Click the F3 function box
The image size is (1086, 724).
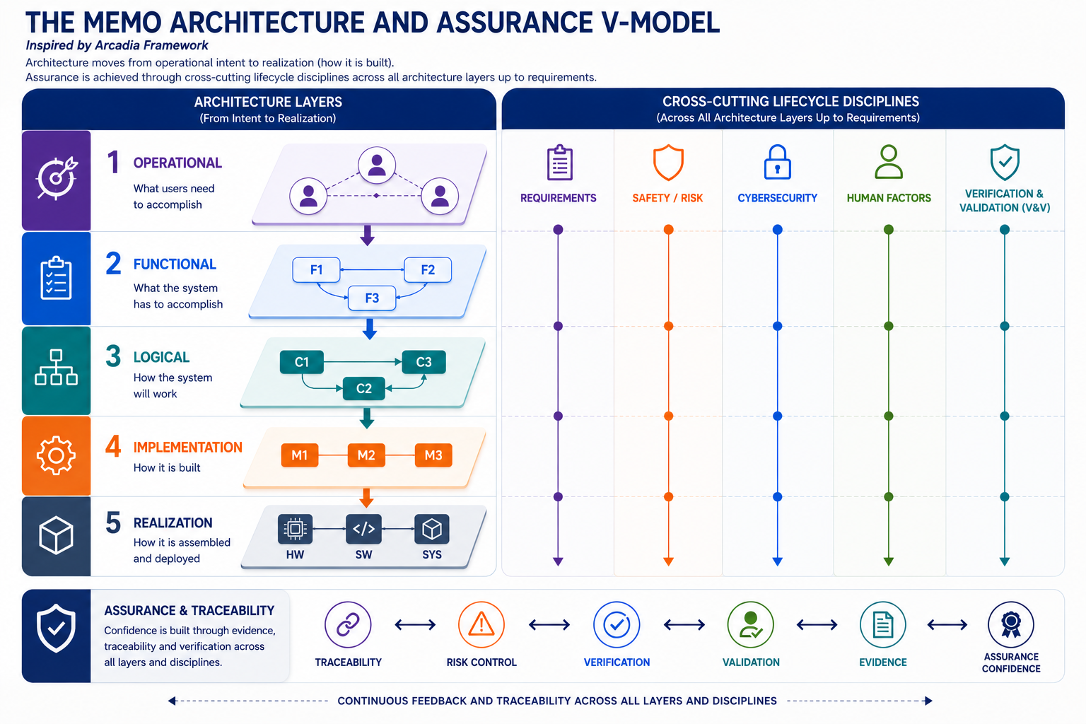coord(372,298)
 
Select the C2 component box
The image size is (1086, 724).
coord(363,388)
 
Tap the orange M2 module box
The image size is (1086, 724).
coord(366,455)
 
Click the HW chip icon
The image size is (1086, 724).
coord(295,529)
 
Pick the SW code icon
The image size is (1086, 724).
coord(363,529)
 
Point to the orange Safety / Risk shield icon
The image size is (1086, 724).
coord(668,163)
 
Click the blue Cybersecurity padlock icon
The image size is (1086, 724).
coord(777,163)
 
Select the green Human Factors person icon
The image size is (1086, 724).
coord(889,162)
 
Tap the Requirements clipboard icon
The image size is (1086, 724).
coord(559,163)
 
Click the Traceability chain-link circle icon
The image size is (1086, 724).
coord(348,624)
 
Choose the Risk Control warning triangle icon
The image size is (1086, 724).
coord(481,624)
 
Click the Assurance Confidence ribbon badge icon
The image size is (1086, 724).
coord(1011,624)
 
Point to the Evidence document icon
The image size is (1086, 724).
coord(883,624)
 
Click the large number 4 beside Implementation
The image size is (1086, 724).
coord(113,446)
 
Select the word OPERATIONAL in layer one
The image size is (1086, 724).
coord(177,163)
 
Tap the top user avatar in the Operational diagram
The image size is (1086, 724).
coord(377,165)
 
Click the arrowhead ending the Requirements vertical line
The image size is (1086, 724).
coord(558,561)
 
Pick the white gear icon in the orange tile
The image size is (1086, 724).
coord(56,456)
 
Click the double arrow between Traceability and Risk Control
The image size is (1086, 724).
coord(415,624)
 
